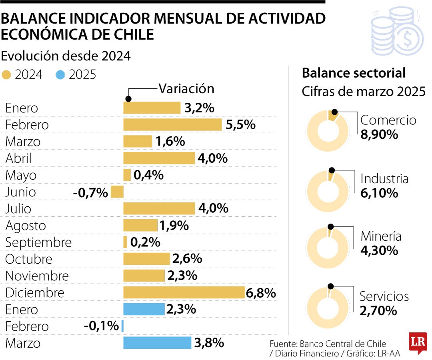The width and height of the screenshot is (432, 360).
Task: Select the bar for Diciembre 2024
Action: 184,293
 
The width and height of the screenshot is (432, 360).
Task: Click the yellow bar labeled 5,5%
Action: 172,125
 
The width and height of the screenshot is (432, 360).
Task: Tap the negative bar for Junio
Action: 117,192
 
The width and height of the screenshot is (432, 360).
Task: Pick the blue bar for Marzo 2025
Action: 157,343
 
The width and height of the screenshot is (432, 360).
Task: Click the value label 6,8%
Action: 261,293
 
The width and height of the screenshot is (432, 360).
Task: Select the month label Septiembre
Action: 38,242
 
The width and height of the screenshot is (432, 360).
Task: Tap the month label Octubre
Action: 29,259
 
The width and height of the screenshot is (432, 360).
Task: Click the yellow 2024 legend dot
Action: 7,75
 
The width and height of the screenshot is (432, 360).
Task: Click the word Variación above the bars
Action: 186,88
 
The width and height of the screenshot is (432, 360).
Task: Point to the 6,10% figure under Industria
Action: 379,193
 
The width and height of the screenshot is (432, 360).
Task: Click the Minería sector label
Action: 381,236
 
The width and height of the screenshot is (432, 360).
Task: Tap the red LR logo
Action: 418,342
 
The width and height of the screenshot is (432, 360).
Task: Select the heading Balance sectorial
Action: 354,73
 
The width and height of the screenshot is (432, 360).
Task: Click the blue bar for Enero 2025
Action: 144,310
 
